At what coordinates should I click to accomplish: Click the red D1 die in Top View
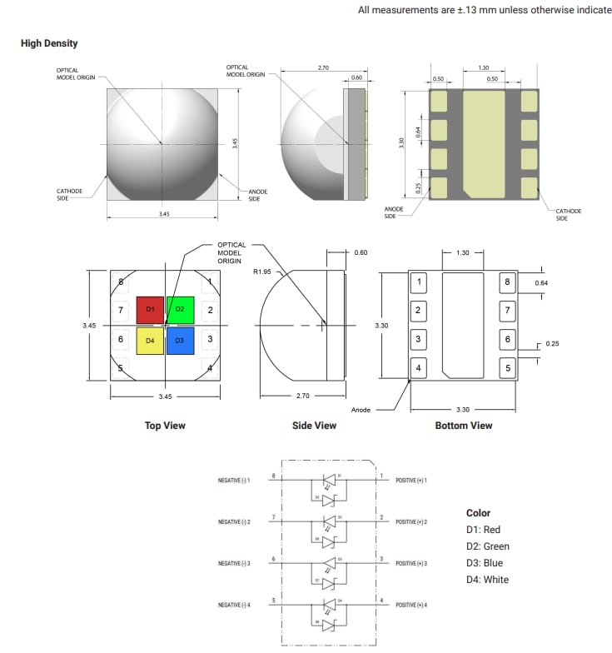151,310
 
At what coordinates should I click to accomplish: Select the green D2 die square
180,310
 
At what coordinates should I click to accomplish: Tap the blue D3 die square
180,340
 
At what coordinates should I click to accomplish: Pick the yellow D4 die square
151,340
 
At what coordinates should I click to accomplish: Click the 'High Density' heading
49,43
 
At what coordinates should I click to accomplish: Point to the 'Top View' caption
165,426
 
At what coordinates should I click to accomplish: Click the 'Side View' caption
314,426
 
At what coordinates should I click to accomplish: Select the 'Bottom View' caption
463,426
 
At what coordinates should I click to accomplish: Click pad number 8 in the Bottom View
507,282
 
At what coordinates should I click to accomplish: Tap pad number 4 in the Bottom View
418,367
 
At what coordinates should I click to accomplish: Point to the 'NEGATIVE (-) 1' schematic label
234,481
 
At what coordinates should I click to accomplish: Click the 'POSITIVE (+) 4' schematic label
411,605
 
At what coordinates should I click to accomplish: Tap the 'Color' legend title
478,513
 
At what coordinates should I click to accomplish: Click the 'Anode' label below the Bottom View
361,410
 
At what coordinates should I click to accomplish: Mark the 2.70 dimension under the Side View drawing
302,396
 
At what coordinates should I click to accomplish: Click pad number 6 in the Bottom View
507,340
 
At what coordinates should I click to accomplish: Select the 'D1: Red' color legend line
484,530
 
